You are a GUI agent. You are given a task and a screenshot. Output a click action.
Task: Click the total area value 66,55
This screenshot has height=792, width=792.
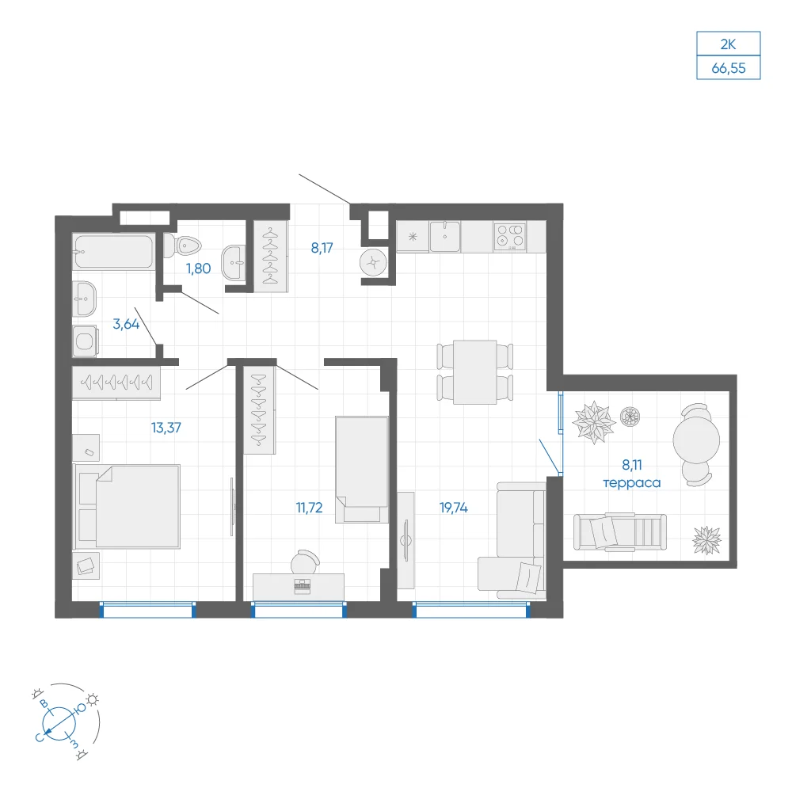729,68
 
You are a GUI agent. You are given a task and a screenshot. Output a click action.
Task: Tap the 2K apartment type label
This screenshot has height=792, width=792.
728,44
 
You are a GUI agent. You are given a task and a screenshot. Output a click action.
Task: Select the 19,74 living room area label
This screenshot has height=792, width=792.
454,508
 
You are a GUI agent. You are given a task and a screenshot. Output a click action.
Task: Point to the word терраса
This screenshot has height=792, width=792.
632,483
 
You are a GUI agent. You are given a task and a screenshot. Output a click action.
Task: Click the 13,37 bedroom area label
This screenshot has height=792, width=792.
166,428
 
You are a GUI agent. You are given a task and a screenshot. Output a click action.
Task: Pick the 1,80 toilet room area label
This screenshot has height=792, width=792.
199,268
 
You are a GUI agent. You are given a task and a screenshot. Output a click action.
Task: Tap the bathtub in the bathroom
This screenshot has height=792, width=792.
113,251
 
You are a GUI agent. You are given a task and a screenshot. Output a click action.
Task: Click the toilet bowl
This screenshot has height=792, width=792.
182,246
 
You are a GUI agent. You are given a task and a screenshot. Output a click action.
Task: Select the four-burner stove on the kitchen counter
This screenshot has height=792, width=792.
509,236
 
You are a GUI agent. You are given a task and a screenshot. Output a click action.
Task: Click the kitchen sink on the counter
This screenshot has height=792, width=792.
445,236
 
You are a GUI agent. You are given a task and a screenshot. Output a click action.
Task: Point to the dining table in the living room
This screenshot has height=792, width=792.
474,371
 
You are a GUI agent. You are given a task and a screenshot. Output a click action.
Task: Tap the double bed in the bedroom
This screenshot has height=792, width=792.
128,506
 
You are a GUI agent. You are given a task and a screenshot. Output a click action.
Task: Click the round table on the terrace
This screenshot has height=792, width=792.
696,440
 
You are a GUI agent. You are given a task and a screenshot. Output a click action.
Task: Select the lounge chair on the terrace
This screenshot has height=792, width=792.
620,531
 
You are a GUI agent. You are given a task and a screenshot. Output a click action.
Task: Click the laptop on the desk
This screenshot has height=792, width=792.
302,585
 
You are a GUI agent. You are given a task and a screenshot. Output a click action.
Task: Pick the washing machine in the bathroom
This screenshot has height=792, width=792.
85,341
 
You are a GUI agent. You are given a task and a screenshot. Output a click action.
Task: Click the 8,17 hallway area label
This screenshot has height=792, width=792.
322,248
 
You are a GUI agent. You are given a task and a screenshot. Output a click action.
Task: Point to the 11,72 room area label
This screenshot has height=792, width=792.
309,508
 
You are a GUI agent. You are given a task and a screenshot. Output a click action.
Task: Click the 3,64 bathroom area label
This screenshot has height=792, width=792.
126,324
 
